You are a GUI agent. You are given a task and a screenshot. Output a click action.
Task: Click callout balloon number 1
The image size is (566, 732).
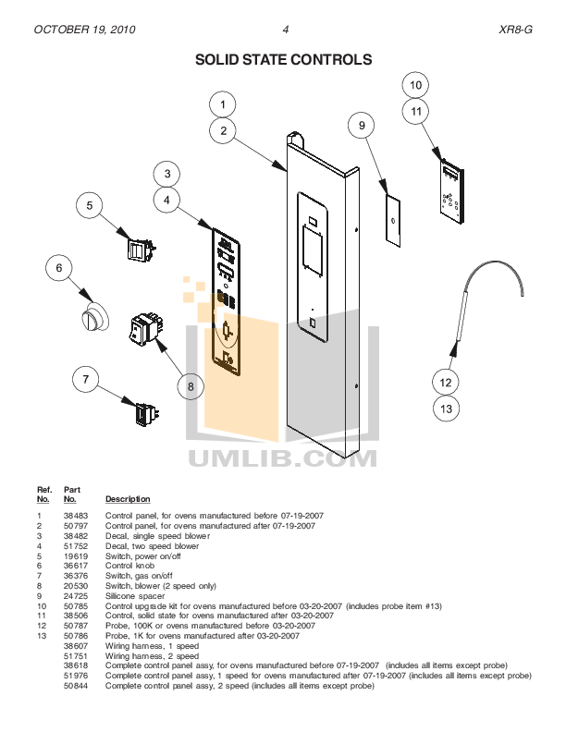(223, 104)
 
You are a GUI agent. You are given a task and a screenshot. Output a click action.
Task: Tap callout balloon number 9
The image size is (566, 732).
(363, 125)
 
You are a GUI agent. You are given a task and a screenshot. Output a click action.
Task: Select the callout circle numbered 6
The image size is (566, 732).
(59, 268)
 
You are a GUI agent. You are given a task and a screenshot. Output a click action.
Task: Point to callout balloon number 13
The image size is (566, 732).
(446, 409)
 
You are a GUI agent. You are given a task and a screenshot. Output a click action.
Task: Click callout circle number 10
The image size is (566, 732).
(416, 85)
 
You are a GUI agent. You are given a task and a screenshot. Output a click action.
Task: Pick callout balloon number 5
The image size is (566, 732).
(89, 206)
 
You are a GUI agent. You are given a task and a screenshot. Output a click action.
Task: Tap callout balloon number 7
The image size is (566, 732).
(86, 379)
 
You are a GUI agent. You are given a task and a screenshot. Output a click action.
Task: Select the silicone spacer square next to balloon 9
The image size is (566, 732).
(393, 221)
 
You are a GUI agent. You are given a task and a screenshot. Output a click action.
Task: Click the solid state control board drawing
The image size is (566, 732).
(452, 194)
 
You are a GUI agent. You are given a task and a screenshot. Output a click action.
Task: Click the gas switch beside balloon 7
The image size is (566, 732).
(146, 416)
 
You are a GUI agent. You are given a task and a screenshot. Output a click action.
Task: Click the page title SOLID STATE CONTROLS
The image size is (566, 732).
(283, 60)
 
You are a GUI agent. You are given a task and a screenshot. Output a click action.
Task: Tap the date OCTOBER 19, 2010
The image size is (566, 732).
(85, 30)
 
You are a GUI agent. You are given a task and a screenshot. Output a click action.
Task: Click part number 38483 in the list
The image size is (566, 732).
(74, 515)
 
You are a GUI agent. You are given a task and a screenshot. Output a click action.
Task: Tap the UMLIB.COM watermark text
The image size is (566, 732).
(282, 457)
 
